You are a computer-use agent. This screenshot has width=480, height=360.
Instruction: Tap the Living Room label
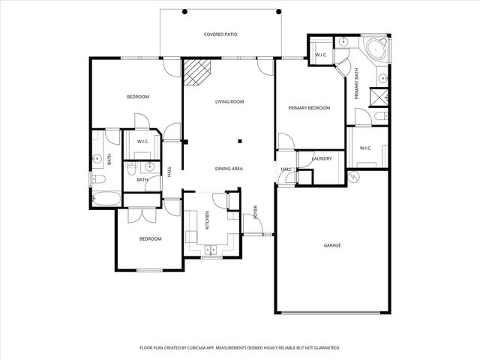tap(227, 102)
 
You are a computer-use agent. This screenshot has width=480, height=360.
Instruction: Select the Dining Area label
tap(229, 169)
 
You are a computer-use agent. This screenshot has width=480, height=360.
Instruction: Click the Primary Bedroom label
tap(310, 108)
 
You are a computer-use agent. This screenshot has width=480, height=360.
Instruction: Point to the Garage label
tap(332, 245)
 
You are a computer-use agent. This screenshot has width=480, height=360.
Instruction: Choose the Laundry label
tap(322, 159)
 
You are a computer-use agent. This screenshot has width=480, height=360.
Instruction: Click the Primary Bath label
tap(357, 84)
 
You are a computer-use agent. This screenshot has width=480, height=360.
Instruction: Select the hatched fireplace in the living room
tap(198, 74)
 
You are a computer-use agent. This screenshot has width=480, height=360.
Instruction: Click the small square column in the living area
tap(240, 140)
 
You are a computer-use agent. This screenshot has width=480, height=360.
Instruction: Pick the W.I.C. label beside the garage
tap(366, 148)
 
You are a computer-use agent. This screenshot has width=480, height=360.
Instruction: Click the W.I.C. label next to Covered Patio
tap(320, 55)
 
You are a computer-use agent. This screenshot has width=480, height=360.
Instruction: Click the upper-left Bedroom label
tap(137, 97)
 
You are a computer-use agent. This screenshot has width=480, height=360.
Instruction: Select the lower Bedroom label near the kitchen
tap(151, 238)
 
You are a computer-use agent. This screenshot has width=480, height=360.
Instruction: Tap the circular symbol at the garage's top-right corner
tap(355, 178)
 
